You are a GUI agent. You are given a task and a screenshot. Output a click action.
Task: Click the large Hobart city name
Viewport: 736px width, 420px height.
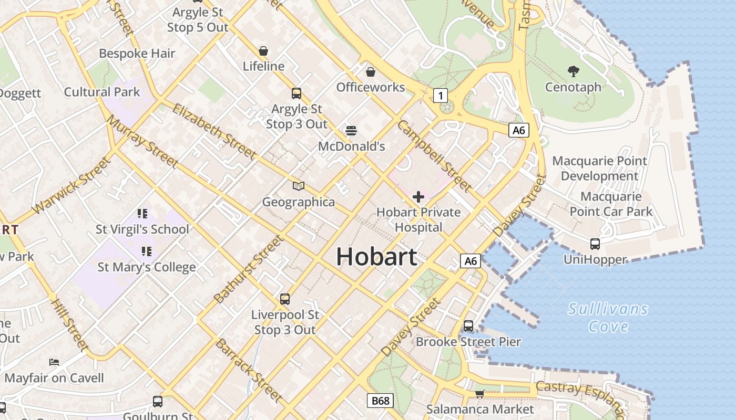pyautogui.click(x=376, y=257)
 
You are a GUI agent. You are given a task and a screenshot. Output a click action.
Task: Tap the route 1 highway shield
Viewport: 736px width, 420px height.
pyautogui.click(x=441, y=95)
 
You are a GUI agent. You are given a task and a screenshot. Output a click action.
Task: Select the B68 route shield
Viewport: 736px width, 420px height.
pyautogui.click(x=380, y=401)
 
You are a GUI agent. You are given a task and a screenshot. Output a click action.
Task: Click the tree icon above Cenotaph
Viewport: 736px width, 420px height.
pyautogui.click(x=573, y=71)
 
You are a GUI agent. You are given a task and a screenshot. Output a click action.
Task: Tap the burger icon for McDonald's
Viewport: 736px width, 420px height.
pyautogui.click(x=351, y=130)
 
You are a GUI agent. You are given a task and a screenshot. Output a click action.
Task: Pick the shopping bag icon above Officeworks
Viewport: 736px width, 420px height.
pyautogui.click(x=370, y=71)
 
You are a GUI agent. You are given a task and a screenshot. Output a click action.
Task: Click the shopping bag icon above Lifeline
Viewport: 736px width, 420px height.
pyautogui.click(x=263, y=51)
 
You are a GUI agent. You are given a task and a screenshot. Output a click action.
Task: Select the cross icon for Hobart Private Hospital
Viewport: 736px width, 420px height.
pyautogui.click(x=418, y=197)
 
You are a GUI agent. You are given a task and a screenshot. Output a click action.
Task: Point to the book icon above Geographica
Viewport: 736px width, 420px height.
pyautogui.click(x=299, y=186)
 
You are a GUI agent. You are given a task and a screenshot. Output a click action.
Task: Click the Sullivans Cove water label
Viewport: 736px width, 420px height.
pyautogui.click(x=608, y=318)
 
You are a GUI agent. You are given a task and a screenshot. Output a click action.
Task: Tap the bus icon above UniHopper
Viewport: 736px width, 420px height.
pyautogui.click(x=595, y=244)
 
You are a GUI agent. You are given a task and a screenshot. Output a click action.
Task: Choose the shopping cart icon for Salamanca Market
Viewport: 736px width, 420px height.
pyautogui.click(x=479, y=393)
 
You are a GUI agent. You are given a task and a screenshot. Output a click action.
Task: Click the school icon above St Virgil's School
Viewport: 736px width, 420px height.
pyautogui.click(x=142, y=213)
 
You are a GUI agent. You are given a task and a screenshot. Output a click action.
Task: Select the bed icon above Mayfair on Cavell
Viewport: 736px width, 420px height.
pyautogui.click(x=54, y=362)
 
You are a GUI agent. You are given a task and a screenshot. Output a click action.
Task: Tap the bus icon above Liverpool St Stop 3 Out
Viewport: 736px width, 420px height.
pyautogui.click(x=285, y=299)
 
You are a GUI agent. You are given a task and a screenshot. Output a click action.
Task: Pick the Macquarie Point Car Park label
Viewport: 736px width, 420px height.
pyautogui.click(x=611, y=204)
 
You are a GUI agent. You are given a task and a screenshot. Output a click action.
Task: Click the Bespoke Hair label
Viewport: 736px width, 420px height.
pyautogui.click(x=137, y=53)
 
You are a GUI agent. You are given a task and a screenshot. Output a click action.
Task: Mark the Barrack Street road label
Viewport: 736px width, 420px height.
pyautogui.click(x=248, y=371)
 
